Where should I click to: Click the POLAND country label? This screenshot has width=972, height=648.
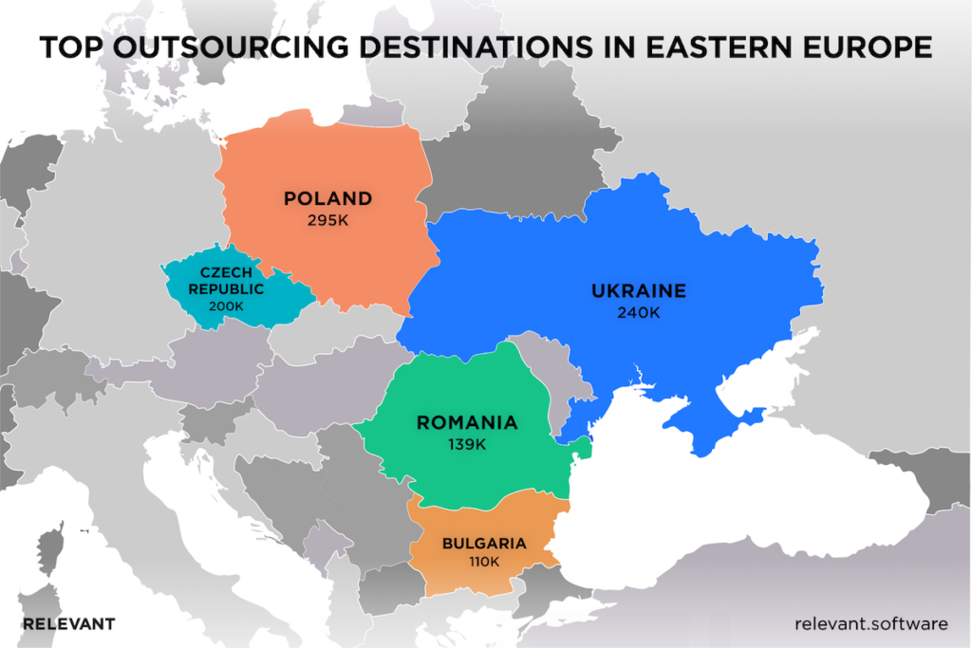tap(327, 199)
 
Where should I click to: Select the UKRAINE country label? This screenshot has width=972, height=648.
tap(637, 290)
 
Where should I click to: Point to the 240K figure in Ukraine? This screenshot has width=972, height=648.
tap(637, 312)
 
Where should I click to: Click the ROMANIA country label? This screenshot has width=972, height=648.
tap(467, 423)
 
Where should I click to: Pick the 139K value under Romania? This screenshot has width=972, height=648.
tap(467, 444)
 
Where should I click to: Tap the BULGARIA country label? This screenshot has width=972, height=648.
tap(484, 544)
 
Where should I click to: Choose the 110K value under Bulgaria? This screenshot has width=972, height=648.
tap(484, 562)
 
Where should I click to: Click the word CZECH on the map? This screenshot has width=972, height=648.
tap(226, 273)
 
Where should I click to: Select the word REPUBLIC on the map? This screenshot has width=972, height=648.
tap(226, 289)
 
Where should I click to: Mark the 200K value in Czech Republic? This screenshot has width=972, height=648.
tap(226, 305)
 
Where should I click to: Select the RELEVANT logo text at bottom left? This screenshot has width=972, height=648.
tap(68, 623)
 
